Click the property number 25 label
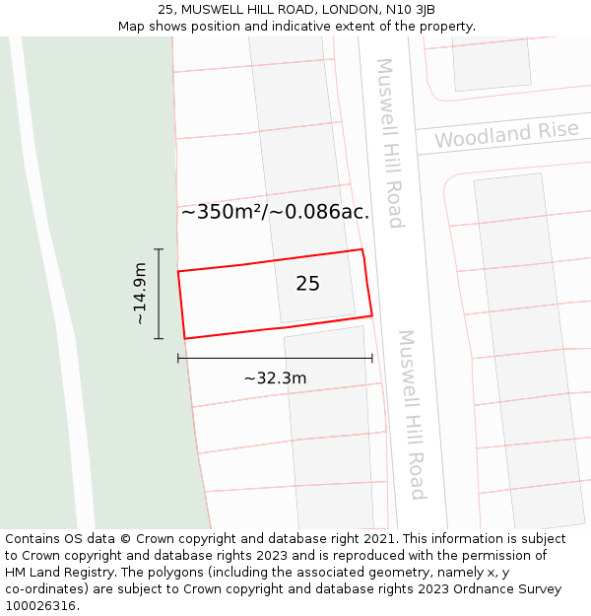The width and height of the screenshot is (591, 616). point(307,284)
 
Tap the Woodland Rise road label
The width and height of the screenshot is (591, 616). point(506,135)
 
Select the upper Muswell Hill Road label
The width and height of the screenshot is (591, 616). point(390,143)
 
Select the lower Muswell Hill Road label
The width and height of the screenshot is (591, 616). point(412,414)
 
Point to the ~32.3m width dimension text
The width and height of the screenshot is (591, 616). point(275,378)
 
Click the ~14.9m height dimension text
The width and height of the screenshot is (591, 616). point(140,294)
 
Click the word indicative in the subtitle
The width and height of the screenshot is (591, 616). point(313,26)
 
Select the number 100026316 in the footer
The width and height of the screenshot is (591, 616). point(42,606)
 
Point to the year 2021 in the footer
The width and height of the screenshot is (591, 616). point(374,539)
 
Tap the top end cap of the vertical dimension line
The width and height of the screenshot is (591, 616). point(159,249)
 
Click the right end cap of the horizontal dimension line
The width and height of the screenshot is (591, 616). point(371,358)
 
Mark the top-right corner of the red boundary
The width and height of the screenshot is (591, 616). point(361,249)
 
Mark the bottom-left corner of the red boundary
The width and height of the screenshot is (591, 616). point(184,339)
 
